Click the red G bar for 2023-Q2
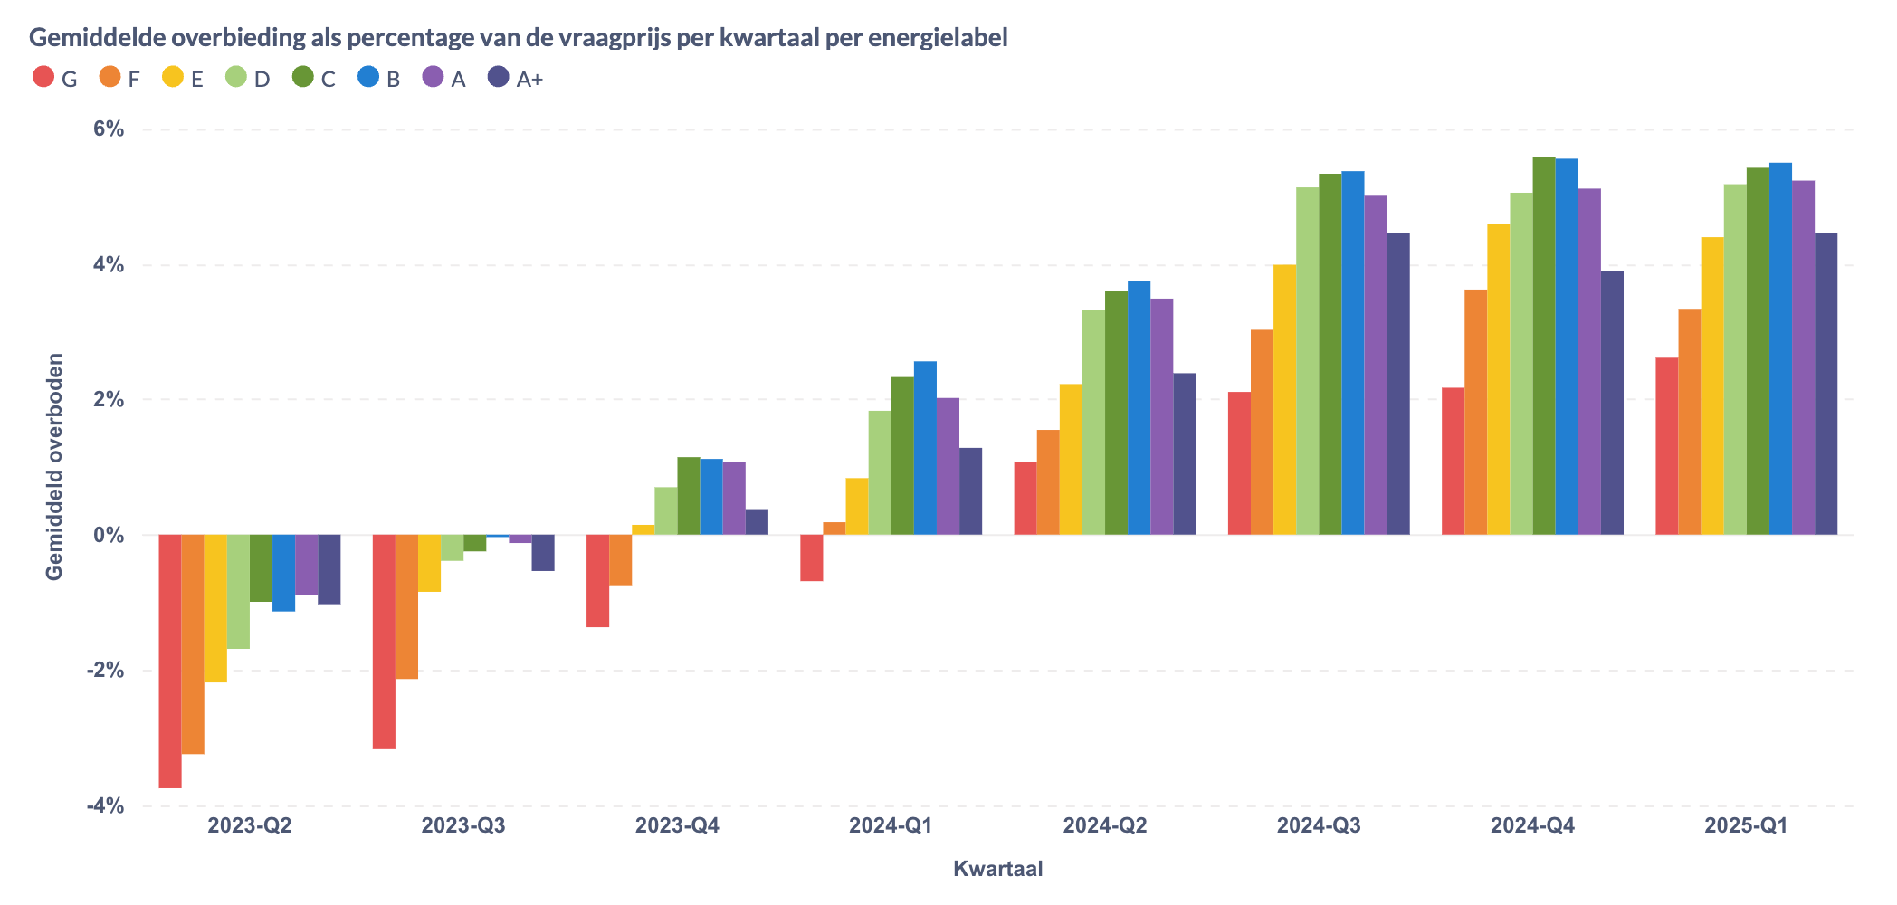click(170, 661)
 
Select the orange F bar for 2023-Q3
click(406, 606)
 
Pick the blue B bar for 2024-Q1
click(925, 448)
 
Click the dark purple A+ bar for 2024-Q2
click(1184, 453)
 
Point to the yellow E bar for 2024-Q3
click(1284, 399)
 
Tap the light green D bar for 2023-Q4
click(666, 510)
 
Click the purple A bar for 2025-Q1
click(1803, 357)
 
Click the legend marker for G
click(43, 78)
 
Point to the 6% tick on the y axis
click(109, 129)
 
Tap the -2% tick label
click(105, 671)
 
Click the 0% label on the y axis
click(109, 535)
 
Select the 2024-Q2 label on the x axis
click(1104, 826)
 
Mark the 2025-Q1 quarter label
click(1746, 826)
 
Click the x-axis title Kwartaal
click(997, 869)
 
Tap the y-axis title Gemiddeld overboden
click(54, 466)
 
